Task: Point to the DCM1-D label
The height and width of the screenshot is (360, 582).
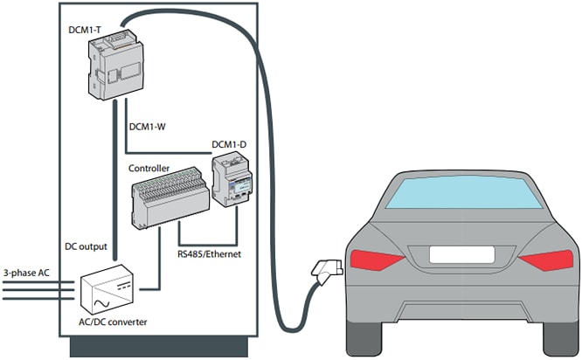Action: [x=230, y=143]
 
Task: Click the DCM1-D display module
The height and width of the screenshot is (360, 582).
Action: [x=233, y=180]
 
